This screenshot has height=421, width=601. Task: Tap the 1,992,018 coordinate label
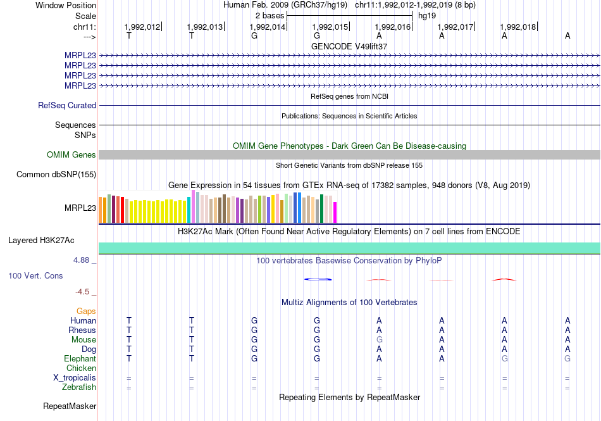(x=517, y=27)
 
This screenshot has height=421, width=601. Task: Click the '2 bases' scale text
(x=270, y=15)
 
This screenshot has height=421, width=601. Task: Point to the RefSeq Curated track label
(x=67, y=106)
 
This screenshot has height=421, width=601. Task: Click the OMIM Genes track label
(x=71, y=155)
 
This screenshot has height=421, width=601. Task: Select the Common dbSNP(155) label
(x=56, y=175)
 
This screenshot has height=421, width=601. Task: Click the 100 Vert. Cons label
(x=35, y=276)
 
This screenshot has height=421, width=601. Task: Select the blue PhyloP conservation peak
(x=318, y=279)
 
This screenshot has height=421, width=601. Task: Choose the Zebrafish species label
(x=79, y=387)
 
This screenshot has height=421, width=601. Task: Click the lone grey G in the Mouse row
(x=380, y=339)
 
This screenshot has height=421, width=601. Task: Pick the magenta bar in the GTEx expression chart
(x=335, y=212)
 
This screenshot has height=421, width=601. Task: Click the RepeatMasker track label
(x=70, y=406)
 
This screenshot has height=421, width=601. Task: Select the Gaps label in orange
(x=86, y=311)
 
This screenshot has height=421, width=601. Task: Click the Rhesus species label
(x=82, y=330)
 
